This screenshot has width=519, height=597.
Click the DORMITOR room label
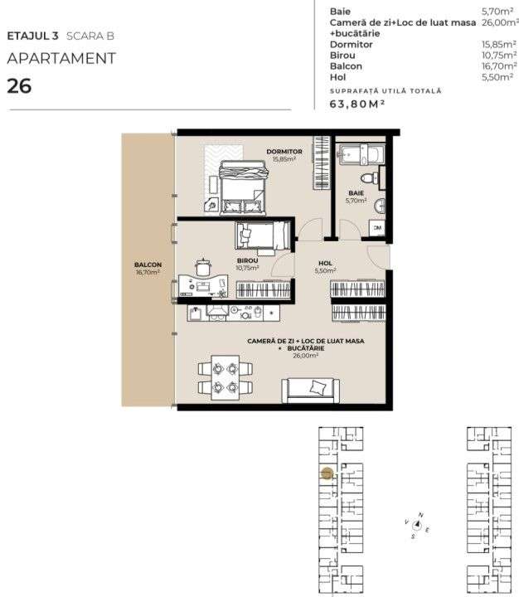point(284,152)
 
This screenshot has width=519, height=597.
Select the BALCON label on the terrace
point(148,265)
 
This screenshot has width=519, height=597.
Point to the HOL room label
point(325,265)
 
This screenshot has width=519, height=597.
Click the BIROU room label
point(246,260)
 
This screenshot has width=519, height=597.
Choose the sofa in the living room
point(311,387)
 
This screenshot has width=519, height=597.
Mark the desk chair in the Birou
point(202,266)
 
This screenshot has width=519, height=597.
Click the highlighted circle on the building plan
point(327,473)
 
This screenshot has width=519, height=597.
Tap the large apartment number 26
point(19,85)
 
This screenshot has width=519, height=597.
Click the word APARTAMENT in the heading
point(61,59)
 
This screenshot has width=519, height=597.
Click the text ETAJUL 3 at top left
point(30,36)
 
